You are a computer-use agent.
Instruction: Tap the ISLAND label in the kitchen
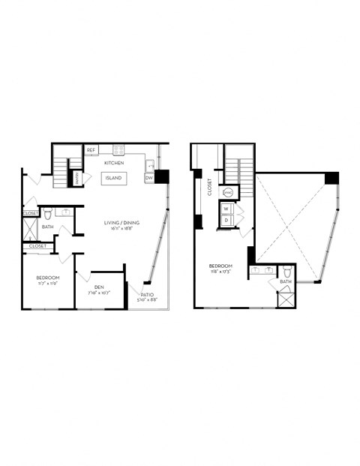coord(113,178)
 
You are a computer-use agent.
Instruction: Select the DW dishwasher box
coord(148,179)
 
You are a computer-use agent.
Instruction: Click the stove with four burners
coord(118,150)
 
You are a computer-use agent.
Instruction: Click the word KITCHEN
coord(114,162)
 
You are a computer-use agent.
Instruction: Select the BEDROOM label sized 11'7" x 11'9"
coord(47,278)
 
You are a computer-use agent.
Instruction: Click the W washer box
coord(226,209)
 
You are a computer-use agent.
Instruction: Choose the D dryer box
coord(226,221)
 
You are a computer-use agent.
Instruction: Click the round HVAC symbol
coord(229,193)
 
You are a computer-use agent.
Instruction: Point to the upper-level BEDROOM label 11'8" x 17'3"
coord(220,266)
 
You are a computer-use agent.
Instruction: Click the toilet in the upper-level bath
coord(287,272)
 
